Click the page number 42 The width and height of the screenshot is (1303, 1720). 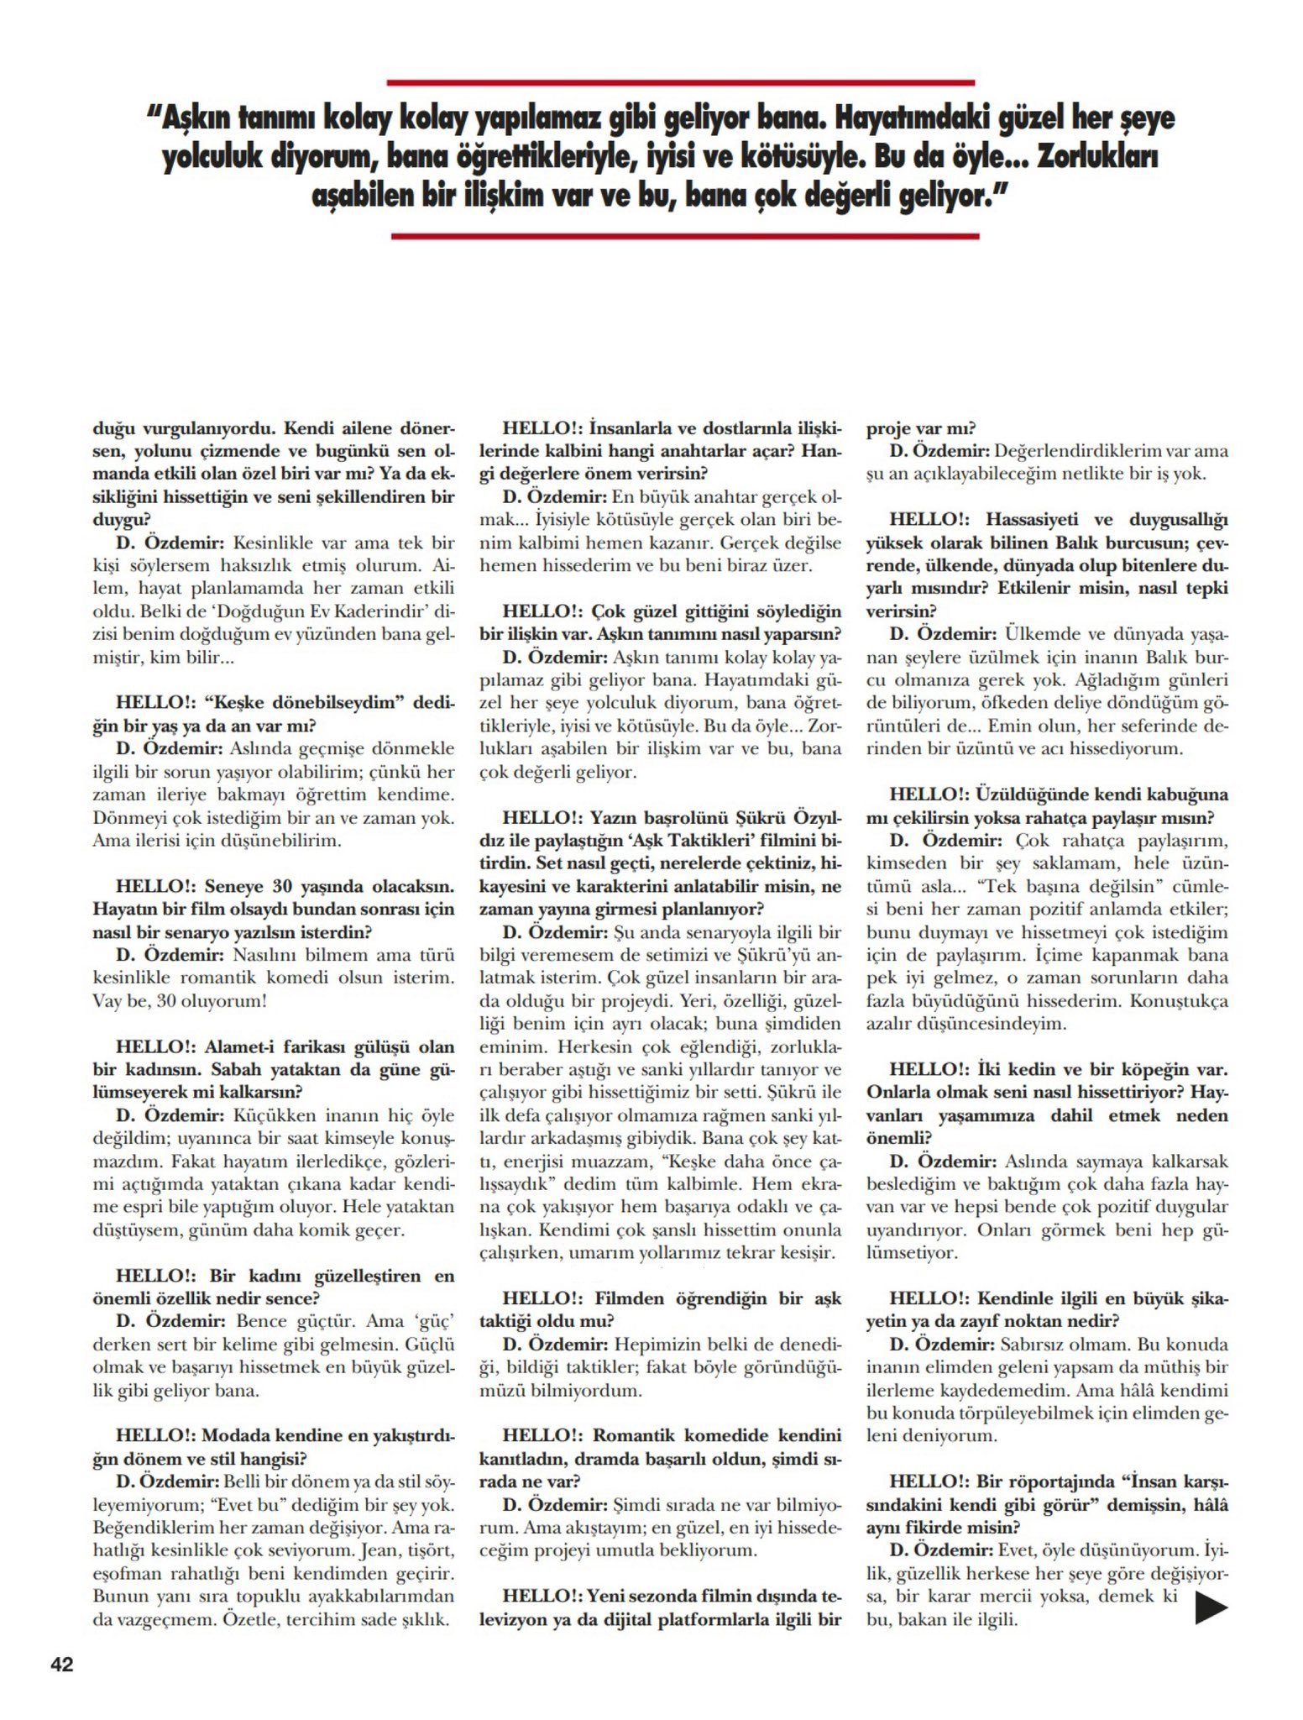tap(62, 1664)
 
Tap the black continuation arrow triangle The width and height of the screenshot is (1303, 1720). tap(1211, 1607)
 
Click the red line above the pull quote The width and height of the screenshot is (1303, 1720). tap(680, 82)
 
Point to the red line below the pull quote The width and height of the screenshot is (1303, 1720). tap(684, 236)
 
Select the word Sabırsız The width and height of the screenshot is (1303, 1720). tap(1038, 1345)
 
